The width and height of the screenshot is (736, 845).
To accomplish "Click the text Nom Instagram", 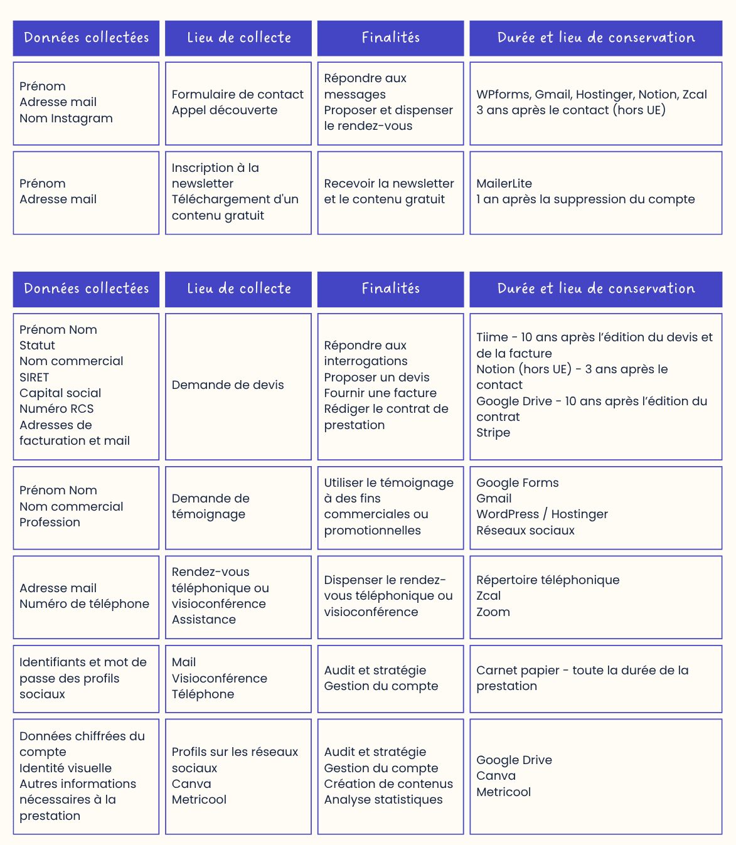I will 66,119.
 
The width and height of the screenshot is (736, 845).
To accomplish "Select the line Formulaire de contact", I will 237,95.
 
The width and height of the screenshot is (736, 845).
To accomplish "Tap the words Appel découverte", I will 224,110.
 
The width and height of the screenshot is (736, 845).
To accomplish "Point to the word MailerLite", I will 504,184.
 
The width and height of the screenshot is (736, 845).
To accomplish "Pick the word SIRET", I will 34,378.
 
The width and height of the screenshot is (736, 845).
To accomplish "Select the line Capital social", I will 60,393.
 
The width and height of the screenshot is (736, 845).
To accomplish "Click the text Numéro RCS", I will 56,409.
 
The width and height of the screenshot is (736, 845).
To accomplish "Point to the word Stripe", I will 493,433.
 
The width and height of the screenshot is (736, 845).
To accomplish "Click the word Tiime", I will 492,337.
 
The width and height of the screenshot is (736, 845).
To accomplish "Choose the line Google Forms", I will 517,483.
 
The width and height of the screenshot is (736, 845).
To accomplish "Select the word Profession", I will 50,523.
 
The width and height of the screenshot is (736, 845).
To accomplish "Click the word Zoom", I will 493,612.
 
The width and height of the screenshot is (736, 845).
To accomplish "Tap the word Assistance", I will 203,620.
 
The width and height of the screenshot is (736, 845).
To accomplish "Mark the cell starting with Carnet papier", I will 595,679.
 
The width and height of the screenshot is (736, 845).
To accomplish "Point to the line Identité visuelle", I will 65,768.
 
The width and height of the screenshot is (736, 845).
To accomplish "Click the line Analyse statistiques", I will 383,800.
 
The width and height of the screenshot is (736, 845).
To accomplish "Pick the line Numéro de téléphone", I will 84,604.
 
